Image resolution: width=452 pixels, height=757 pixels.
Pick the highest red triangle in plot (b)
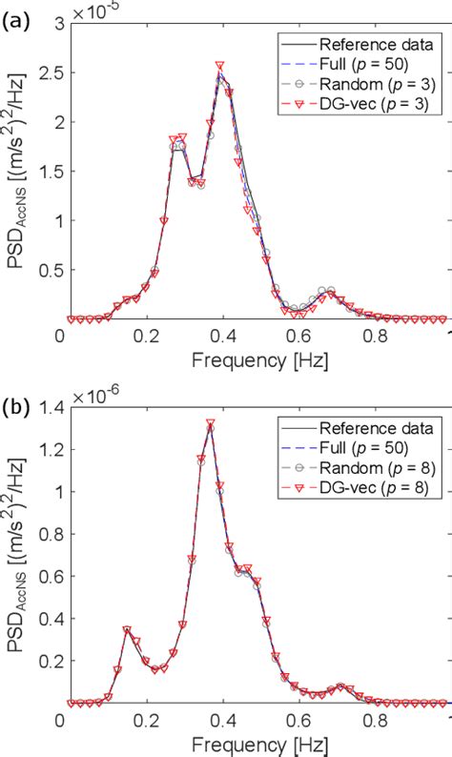[x=210, y=423]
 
